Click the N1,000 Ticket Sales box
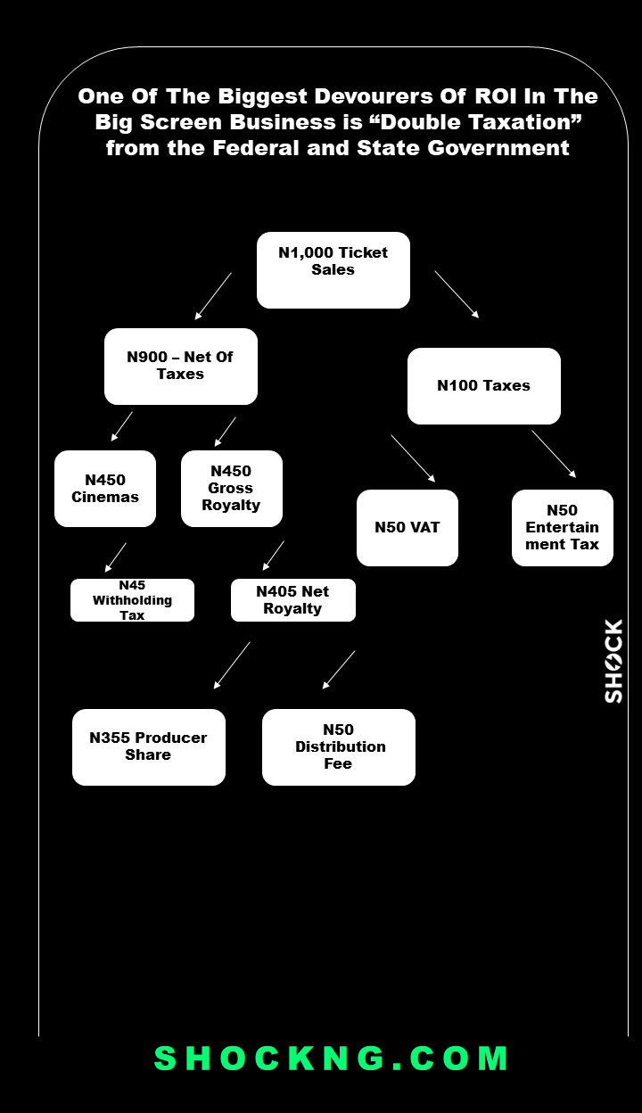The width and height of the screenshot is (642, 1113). tap(333, 270)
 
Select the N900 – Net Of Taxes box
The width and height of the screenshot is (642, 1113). tap(181, 367)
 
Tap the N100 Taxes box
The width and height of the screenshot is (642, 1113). tap(484, 386)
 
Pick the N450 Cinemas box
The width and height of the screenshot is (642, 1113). tap(105, 489)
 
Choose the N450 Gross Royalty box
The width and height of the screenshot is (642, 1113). tap(232, 489)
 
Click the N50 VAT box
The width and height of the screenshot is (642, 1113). tap(407, 528)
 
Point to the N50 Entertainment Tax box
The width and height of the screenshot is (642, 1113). tap(563, 528)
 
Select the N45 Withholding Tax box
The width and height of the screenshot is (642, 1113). tap(132, 600)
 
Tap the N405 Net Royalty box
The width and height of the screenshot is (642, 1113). tap(293, 600)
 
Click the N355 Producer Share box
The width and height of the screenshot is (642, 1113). tap(149, 747)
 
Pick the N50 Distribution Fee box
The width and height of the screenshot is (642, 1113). tap(339, 747)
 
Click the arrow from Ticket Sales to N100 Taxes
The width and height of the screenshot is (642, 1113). tap(457, 294)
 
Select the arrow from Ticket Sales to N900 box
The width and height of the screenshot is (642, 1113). tap(213, 296)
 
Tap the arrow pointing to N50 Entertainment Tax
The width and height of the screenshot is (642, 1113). tap(554, 454)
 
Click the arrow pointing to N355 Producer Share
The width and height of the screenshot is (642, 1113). tap(232, 665)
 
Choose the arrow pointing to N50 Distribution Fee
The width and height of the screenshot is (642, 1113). tap(339, 670)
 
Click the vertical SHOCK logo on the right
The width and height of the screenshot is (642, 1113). tap(613, 662)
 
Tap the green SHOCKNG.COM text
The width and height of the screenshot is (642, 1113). tap(332, 1059)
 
